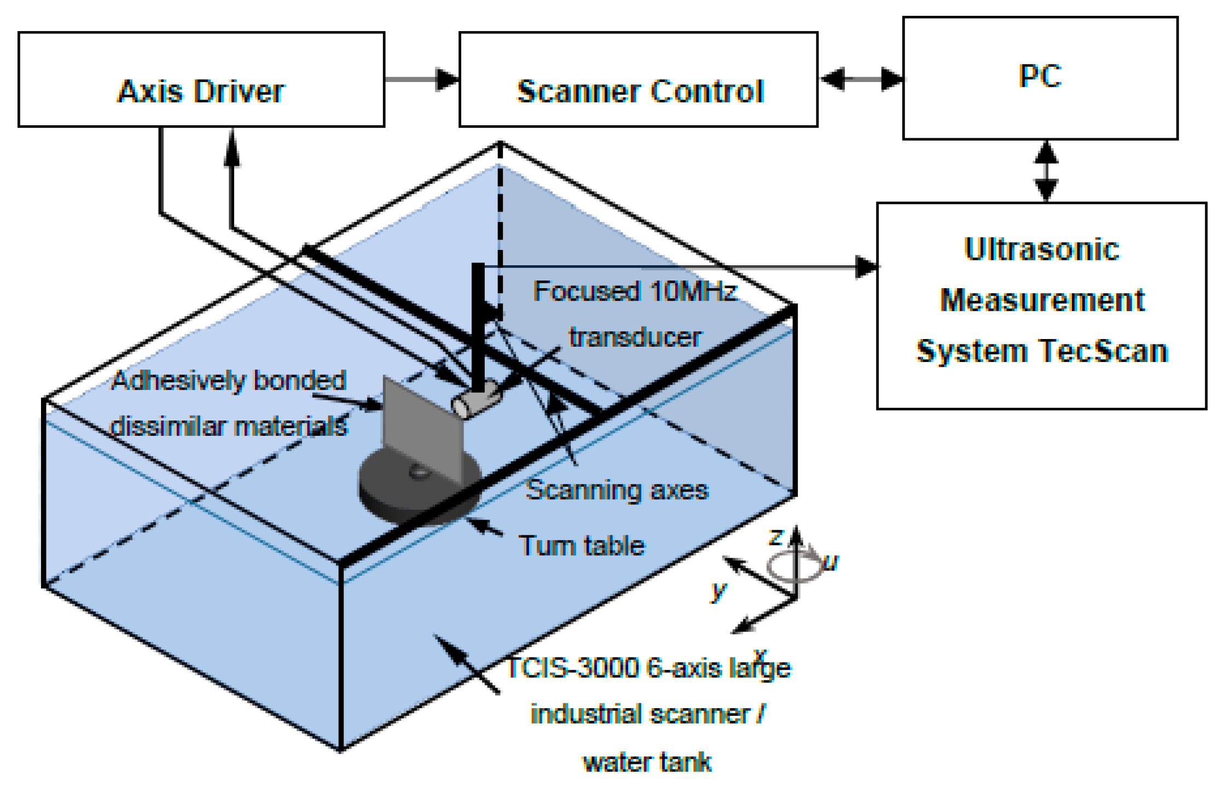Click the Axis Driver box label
[x=201, y=91]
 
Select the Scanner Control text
[x=640, y=91]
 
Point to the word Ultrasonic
[x=1042, y=249]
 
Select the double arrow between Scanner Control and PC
[x=861, y=79]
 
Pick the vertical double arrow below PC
[x=1046, y=171]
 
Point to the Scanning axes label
[x=617, y=489]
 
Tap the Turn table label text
[x=582, y=546]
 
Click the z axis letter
[x=776, y=537]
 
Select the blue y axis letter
[x=718, y=591]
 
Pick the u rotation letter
[x=830, y=562]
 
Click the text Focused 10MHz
[x=635, y=291]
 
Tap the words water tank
[x=647, y=762]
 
